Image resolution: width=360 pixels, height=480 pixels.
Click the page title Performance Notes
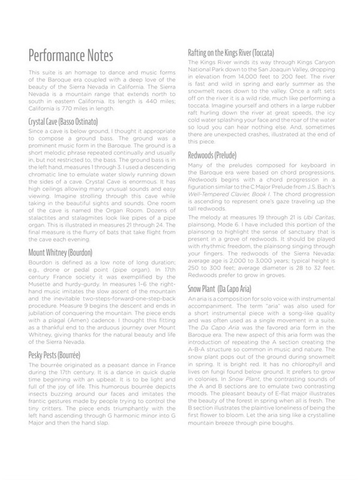70,56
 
